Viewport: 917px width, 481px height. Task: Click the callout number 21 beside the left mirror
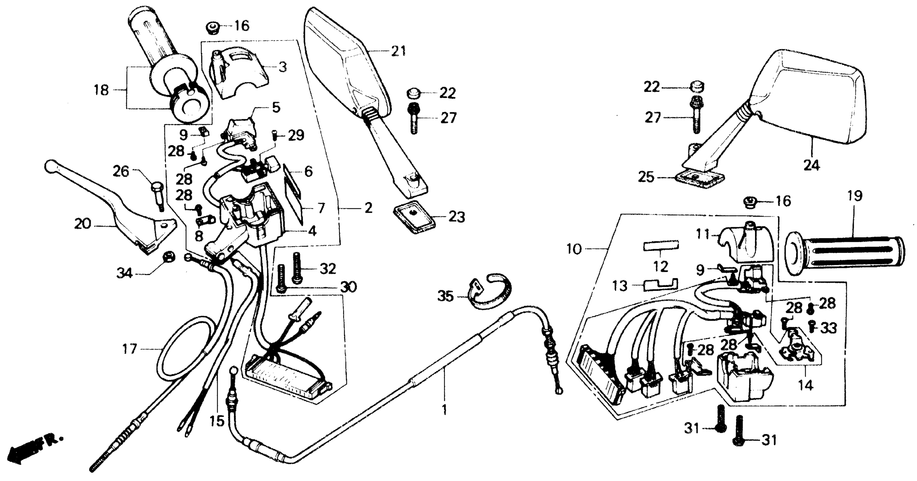(398, 51)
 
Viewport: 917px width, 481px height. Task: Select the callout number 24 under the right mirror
(811, 166)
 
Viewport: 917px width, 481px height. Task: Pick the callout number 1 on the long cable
(444, 410)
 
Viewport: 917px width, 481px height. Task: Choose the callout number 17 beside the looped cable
(130, 349)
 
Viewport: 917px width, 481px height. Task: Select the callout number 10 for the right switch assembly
(574, 249)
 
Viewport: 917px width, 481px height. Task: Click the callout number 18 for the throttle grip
(101, 90)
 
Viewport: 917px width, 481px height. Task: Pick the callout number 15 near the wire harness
(217, 421)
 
